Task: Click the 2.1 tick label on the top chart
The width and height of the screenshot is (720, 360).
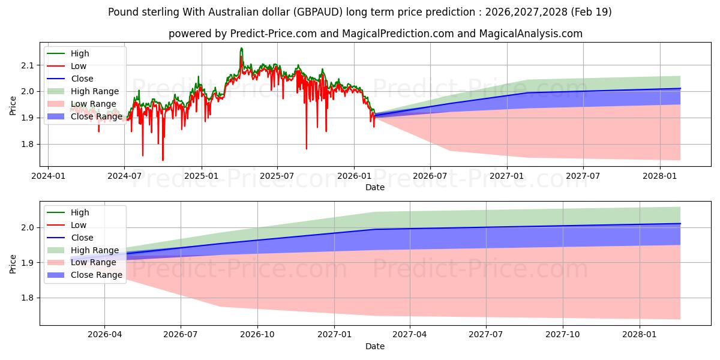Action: tap(28, 65)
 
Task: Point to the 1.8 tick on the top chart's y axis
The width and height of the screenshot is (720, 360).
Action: tap(28, 145)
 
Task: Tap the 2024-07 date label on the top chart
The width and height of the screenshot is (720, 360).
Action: tap(124, 176)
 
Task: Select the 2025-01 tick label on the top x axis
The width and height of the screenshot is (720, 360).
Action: tap(202, 176)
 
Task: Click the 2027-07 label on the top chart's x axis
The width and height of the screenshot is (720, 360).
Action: tap(583, 176)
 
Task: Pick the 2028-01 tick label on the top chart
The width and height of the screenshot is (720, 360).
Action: tap(659, 176)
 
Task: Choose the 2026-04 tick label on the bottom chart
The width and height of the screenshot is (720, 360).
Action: tap(105, 335)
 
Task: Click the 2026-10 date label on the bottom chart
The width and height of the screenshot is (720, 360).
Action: tap(257, 335)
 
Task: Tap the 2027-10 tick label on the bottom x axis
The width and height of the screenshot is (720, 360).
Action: tap(563, 335)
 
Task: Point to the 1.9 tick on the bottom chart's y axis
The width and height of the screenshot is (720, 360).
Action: tap(28, 263)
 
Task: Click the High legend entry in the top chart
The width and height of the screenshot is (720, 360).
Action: tap(68, 53)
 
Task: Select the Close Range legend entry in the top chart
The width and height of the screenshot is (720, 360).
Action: tap(85, 116)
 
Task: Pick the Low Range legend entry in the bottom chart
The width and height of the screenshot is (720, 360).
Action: tap(82, 262)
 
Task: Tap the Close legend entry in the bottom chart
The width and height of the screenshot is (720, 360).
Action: tap(70, 238)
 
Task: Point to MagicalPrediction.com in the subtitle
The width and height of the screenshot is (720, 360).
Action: tap(398, 34)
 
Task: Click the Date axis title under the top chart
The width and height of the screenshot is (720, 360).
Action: tap(375, 187)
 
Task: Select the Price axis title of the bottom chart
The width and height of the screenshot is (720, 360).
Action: tap(13, 264)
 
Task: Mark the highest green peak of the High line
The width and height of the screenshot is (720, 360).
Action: tap(241, 48)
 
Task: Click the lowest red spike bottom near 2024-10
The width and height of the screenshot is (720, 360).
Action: tap(163, 160)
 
